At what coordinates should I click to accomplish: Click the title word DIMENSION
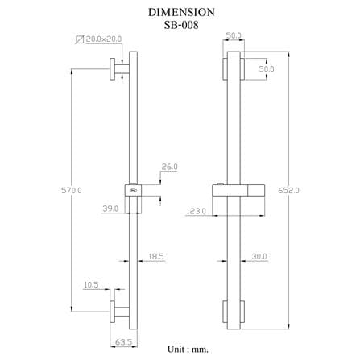(x=181, y=12)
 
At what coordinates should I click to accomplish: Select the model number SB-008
(x=181, y=25)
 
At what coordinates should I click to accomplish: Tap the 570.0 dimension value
(x=72, y=190)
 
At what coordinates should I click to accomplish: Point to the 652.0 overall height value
(x=288, y=190)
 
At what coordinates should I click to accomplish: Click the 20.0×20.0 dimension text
(x=104, y=39)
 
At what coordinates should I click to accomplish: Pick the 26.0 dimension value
(x=169, y=167)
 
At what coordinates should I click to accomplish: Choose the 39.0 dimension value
(x=110, y=209)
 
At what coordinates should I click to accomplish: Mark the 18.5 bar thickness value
(x=156, y=256)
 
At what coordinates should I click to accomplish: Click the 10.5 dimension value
(x=91, y=285)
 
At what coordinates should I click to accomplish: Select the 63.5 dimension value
(x=123, y=342)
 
